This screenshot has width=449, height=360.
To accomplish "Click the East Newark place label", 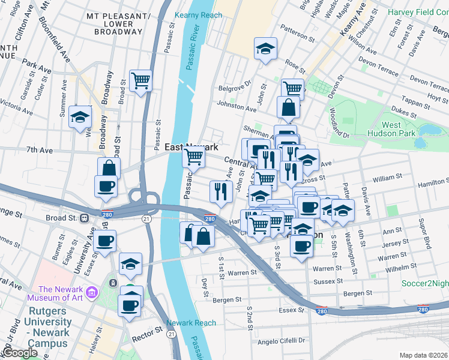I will pyautogui.click(x=191, y=147).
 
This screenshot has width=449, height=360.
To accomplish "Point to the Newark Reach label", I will pyautogui.click(x=191, y=323).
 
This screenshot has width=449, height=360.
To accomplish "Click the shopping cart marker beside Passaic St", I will pyautogui.click(x=140, y=81).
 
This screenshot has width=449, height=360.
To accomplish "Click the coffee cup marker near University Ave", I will pyautogui.click(x=104, y=242).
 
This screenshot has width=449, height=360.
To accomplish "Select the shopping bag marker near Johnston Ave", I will pyautogui.click(x=288, y=108).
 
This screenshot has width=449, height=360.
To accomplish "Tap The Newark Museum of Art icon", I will pyautogui.click(x=91, y=292).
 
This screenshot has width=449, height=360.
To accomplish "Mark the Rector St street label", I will pyautogui.click(x=150, y=330).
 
